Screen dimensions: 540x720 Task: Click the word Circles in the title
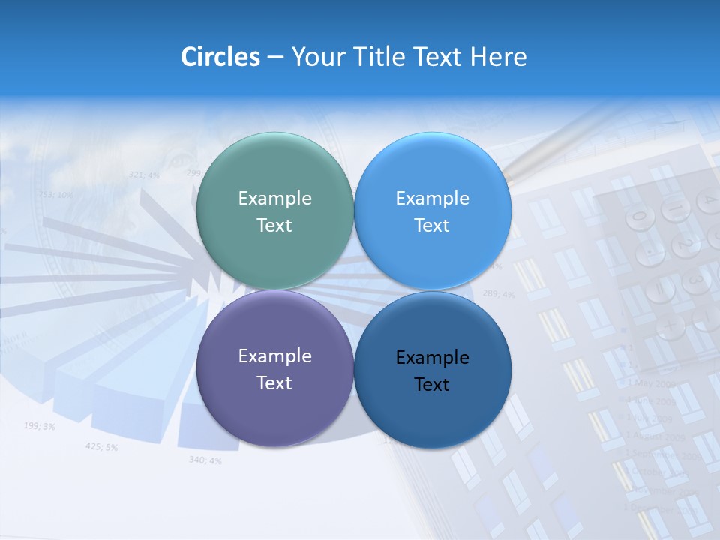pyautogui.click(x=220, y=56)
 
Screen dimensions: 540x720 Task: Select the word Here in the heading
pyautogui.click(x=498, y=56)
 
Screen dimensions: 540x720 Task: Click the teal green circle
pyautogui.click(x=274, y=211)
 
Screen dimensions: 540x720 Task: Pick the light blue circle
pyautogui.click(x=432, y=211)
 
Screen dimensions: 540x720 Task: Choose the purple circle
pyautogui.click(x=274, y=368)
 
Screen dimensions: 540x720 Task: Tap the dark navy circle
pyautogui.click(x=432, y=369)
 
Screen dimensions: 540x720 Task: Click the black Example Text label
pyautogui.click(x=432, y=370)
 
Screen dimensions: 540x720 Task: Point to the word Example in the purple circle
pyautogui.click(x=274, y=355)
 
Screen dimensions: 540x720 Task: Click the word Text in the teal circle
pyautogui.click(x=274, y=225)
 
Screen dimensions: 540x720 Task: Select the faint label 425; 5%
pyautogui.click(x=101, y=447)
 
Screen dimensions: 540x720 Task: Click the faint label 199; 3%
pyautogui.click(x=39, y=426)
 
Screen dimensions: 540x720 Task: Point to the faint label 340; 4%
pyautogui.click(x=205, y=460)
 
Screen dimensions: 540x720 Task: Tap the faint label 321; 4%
pyautogui.click(x=144, y=175)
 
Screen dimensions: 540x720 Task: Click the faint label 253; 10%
pyautogui.click(x=55, y=195)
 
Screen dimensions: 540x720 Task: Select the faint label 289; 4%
pyautogui.click(x=498, y=294)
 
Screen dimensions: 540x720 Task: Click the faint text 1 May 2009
pyautogui.click(x=651, y=383)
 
